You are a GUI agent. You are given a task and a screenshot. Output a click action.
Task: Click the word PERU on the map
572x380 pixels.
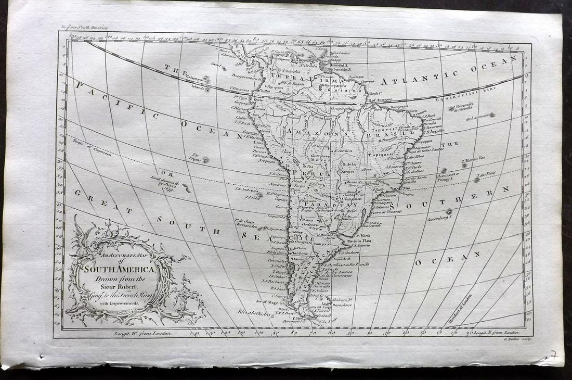[x=305, y=172]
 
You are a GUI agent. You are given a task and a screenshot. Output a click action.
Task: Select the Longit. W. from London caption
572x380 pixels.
[x=141, y=333]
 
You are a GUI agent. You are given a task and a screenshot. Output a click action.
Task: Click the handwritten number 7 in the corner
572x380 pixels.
[x=553, y=355]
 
